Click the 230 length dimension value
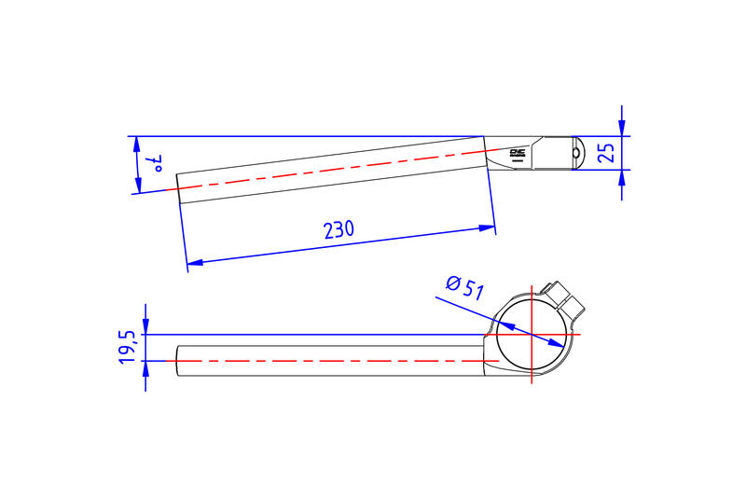coord(338,229)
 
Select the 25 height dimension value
coord(607,153)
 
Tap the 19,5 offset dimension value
coord(129,347)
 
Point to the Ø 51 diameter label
coord(464,287)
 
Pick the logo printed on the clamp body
coord(519,154)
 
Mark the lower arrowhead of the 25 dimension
coord(622,177)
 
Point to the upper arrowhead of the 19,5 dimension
coord(145,326)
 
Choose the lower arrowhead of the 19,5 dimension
coord(145,367)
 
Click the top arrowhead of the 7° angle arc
coord(139,144)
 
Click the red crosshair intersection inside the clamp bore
coord(531,334)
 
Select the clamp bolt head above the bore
coord(564,297)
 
